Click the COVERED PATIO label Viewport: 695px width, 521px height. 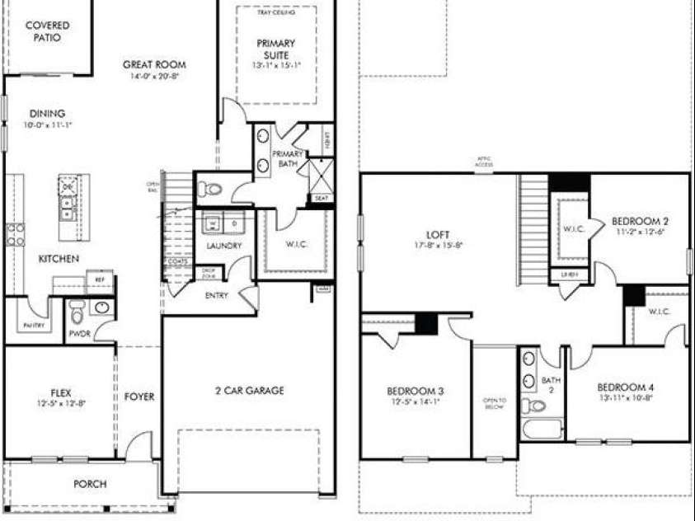[x=47, y=31]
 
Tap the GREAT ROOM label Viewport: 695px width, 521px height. [x=154, y=64]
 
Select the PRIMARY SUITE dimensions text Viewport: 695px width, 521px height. [x=275, y=65]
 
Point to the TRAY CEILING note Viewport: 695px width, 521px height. [x=275, y=12]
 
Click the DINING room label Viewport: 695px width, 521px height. [x=47, y=114]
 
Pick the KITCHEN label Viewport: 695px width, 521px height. [x=59, y=259]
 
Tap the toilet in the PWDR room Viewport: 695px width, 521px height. [x=77, y=312]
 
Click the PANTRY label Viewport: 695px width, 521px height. [x=33, y=326]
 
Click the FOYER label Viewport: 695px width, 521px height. [x=139, y=397]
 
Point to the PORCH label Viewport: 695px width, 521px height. [x=90, y=484]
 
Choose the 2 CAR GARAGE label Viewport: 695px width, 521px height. [x=248, y=391]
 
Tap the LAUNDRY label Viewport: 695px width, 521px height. [x=223, y=246]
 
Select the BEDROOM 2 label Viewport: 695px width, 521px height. [x=639, y=221]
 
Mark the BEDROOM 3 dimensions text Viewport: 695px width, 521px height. [x=416, y=402]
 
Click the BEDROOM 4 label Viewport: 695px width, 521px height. [x=626, y=387]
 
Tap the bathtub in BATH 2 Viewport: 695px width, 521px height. [x=542, y=429]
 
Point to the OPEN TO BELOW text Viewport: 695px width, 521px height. [x=494, y=404]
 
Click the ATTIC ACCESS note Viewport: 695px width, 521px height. [x=483, y=162]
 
